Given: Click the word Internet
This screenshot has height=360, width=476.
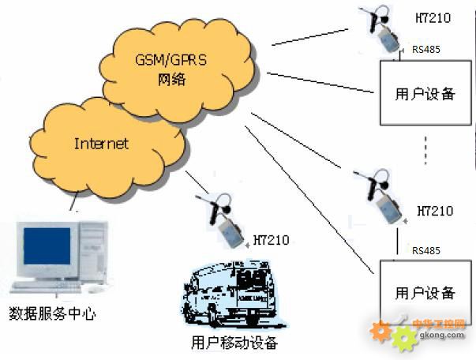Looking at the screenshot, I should (101, 144).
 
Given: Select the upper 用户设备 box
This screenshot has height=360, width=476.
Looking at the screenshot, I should (425, 93).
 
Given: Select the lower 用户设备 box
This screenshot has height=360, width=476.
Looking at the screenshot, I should (425, 293).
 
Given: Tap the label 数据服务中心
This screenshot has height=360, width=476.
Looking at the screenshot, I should (52, 313).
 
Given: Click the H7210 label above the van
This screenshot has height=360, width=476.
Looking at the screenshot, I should (271, 239).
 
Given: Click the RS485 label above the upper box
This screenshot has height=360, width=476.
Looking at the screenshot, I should (426, 51).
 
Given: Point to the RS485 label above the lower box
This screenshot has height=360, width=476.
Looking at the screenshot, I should (426, 250).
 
